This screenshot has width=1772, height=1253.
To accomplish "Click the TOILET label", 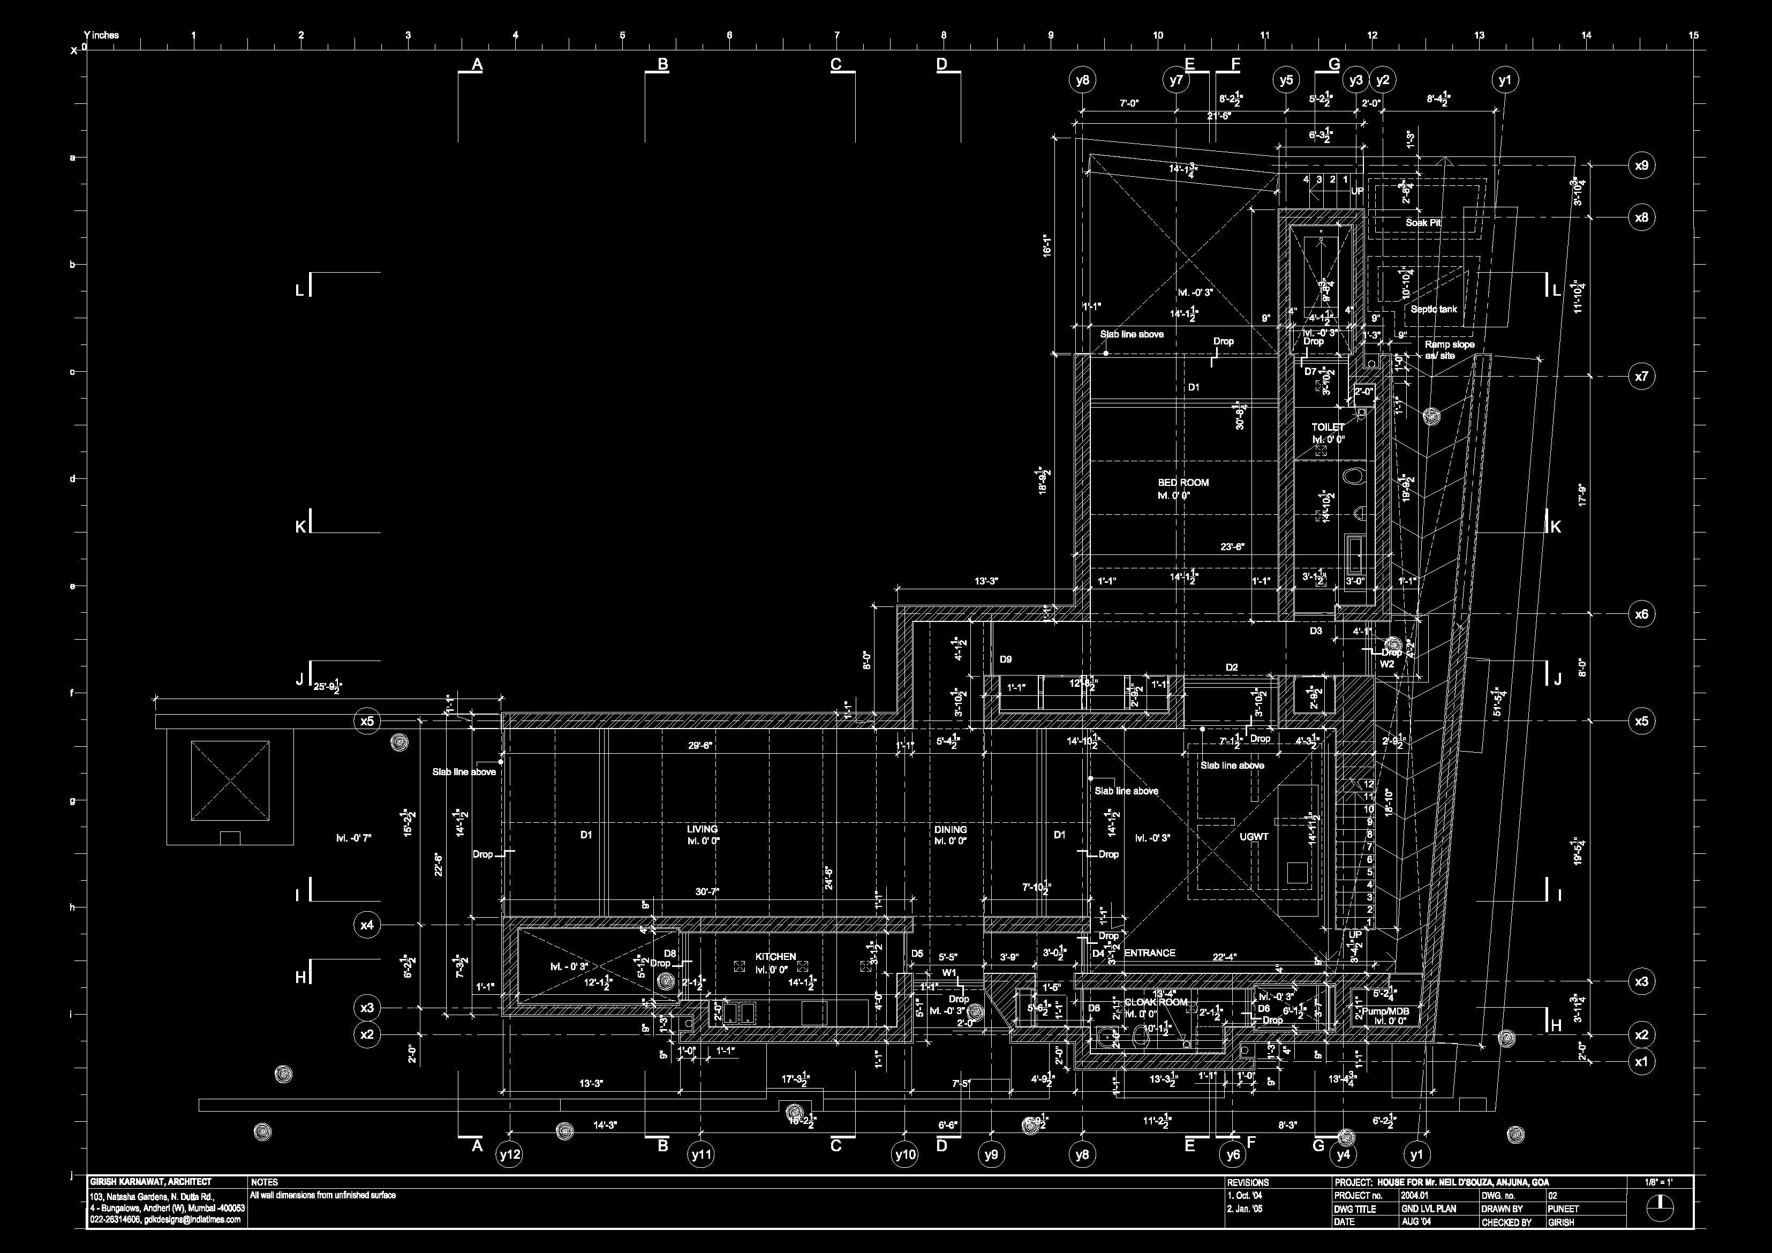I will click(x=1328, y=427).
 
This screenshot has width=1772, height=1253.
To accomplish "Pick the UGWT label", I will click(x=1254, y=836).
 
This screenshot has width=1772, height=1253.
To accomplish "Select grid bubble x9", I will click(x=1641, y=165).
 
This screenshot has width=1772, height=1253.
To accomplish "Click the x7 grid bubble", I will click(x=1641, y=377).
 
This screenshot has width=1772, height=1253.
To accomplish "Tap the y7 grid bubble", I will click(x=1175, y=79).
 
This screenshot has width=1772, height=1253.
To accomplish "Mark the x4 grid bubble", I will click(x=367, y=924).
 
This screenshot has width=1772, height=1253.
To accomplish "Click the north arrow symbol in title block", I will click(x=1660, y=1207).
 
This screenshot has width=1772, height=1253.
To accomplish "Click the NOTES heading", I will click(x=264, y=1182).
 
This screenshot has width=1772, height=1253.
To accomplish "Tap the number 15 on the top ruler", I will click(x=1693, y=35).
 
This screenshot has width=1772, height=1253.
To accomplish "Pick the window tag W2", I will click(x=1387, y=664).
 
